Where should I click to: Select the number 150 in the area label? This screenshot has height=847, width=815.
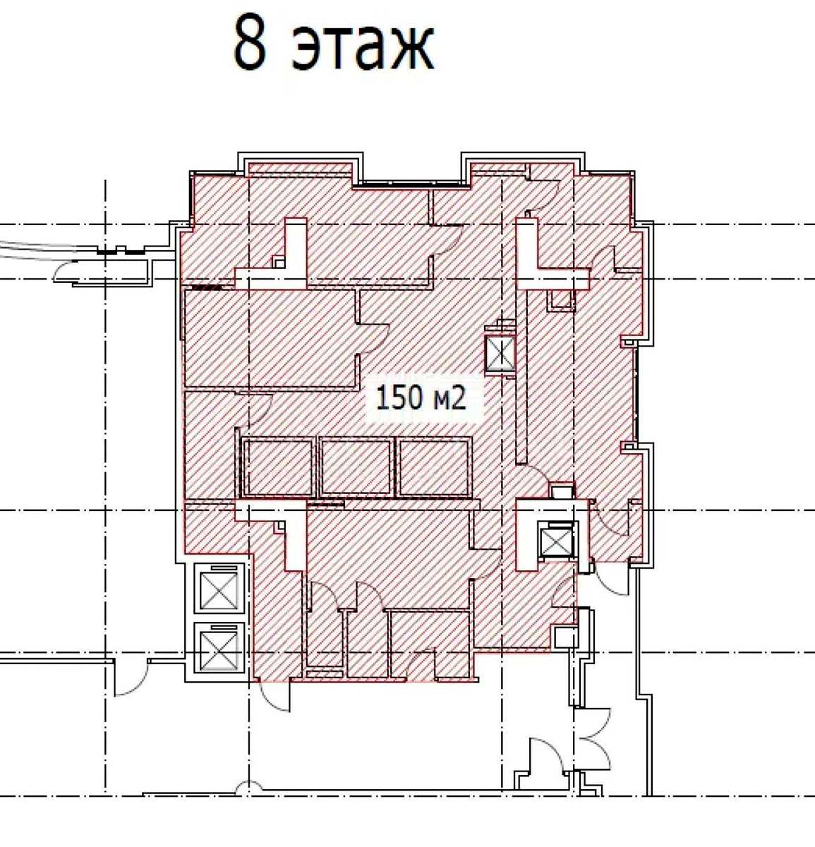tap(399, 398)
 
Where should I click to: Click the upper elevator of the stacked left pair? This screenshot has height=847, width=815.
tap(219, 589)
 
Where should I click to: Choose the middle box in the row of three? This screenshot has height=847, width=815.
tap(356, 467)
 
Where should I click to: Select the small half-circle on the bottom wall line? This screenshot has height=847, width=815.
tap(249, 788)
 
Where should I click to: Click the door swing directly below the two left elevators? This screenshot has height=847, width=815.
tap(273, 697)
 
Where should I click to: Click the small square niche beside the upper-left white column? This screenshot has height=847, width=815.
tap(279, 263)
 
